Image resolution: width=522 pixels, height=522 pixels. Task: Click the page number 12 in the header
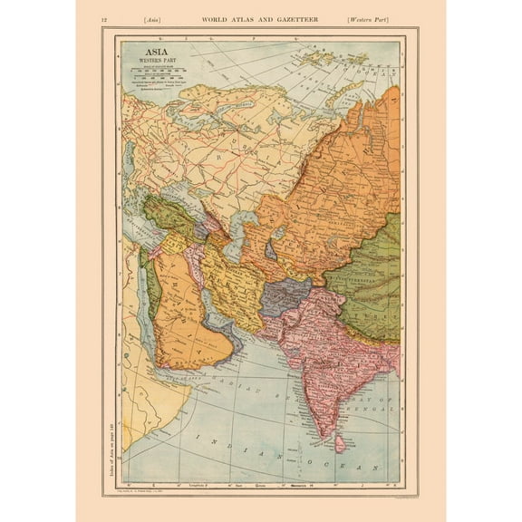coord(105,19)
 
